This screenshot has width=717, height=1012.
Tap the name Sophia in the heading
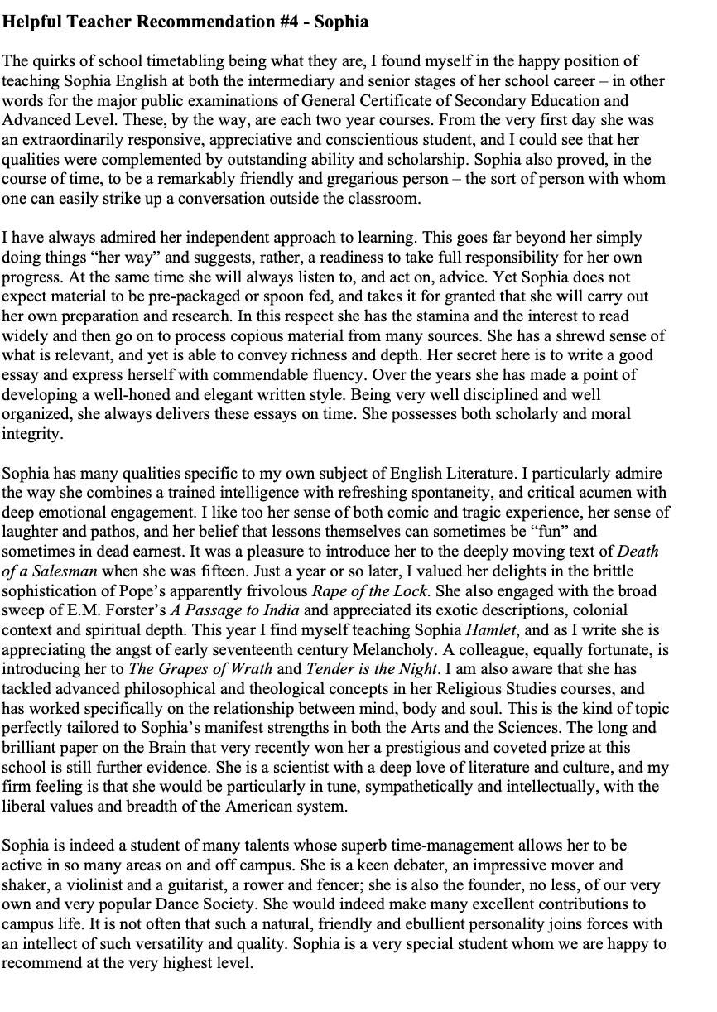click(341, 22)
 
